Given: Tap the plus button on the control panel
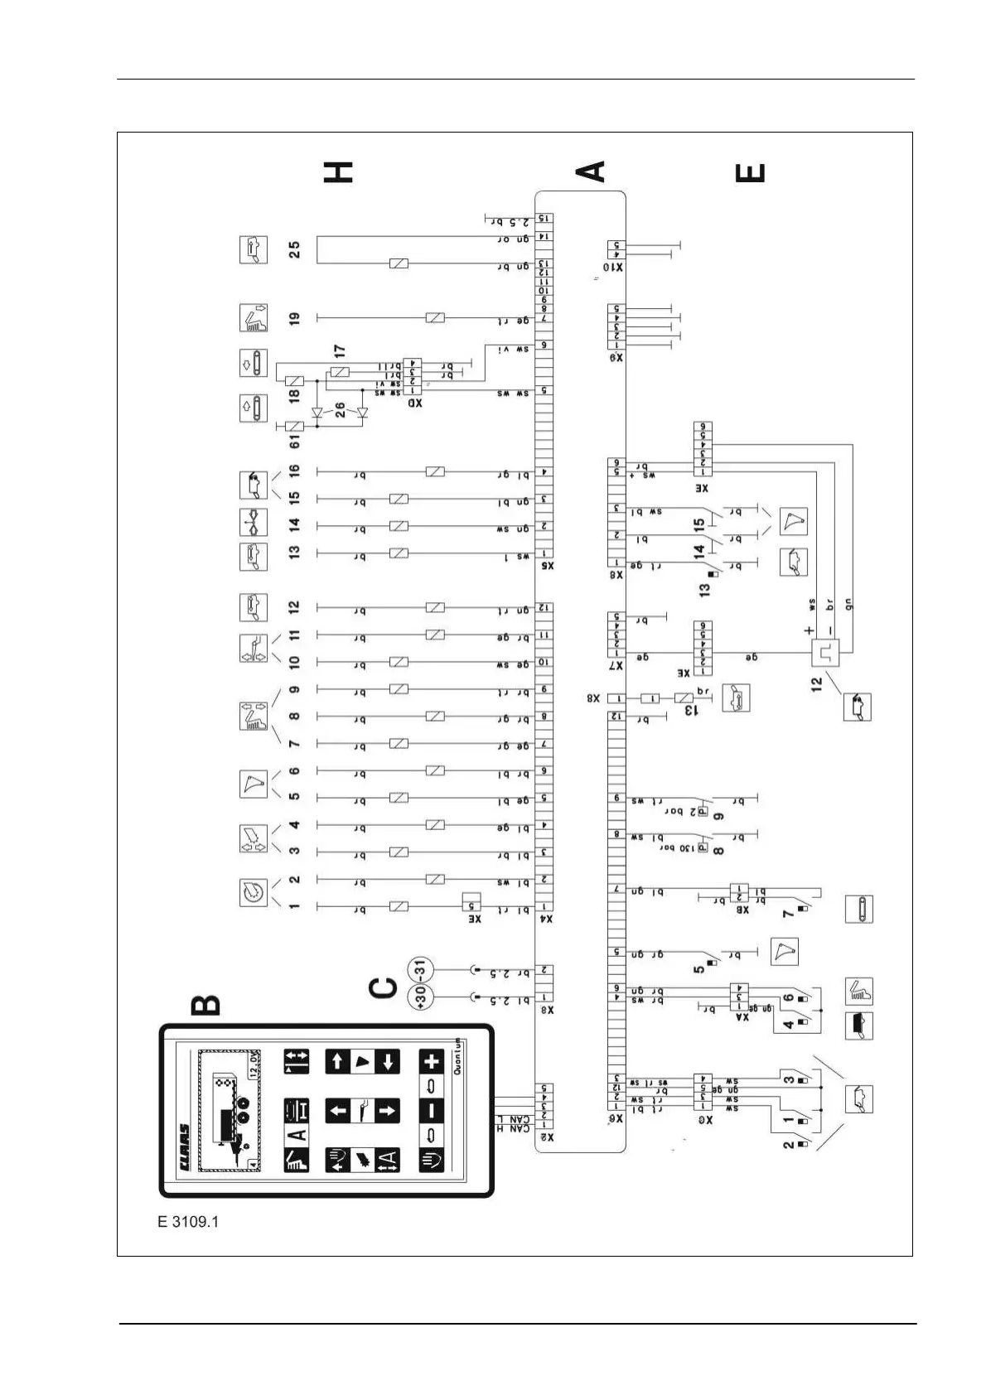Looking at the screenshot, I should point(432,1062).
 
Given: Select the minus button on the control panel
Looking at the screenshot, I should point(432,1110).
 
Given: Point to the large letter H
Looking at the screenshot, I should point(338,171).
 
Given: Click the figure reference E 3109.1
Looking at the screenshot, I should point(188,1221).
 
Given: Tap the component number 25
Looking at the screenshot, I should point(295,249).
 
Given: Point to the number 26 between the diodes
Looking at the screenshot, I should point(339,408).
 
